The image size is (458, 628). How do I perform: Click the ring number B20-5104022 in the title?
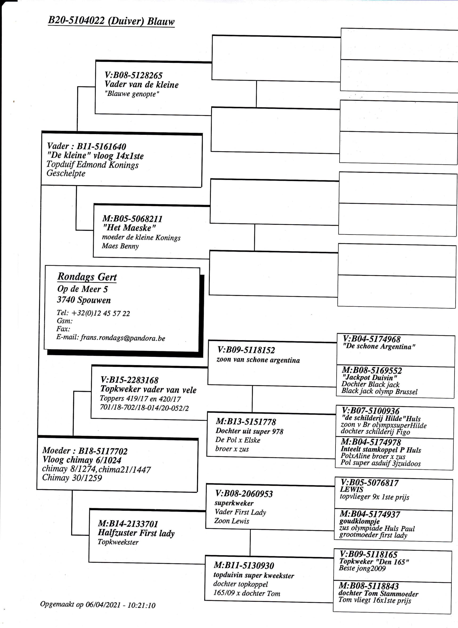click(x=76, y=20)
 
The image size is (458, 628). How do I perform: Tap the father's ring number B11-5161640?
click(x=101, y=146)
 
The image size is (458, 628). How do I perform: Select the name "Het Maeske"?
click(x=129, y=228)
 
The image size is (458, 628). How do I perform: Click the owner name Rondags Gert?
click(x=87, y=277)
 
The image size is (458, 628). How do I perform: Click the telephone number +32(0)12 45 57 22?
click(x=101, y=313)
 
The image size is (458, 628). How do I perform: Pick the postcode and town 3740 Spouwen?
click(x=84, y=300)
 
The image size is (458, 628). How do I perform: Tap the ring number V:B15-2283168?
click(x=129, y=380)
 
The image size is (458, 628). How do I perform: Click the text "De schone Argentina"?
click(x=379, y=346)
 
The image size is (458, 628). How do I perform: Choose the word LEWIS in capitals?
click(x=351, y=489)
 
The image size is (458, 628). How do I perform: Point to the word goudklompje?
click(x=359, y=521)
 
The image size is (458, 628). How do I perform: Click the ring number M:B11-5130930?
click(x=244, y=566)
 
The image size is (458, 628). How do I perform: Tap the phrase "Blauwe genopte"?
click(x=132, y=94)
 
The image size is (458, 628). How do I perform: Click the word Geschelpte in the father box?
click(x=66, y=173)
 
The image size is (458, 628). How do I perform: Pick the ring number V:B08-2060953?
click(x=244, y=494)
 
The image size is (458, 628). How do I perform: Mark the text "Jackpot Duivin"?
click(x=370, y=377)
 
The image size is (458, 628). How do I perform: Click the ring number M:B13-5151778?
click(x=246, y=422)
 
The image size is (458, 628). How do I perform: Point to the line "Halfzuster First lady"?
click(x=136, y=533)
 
